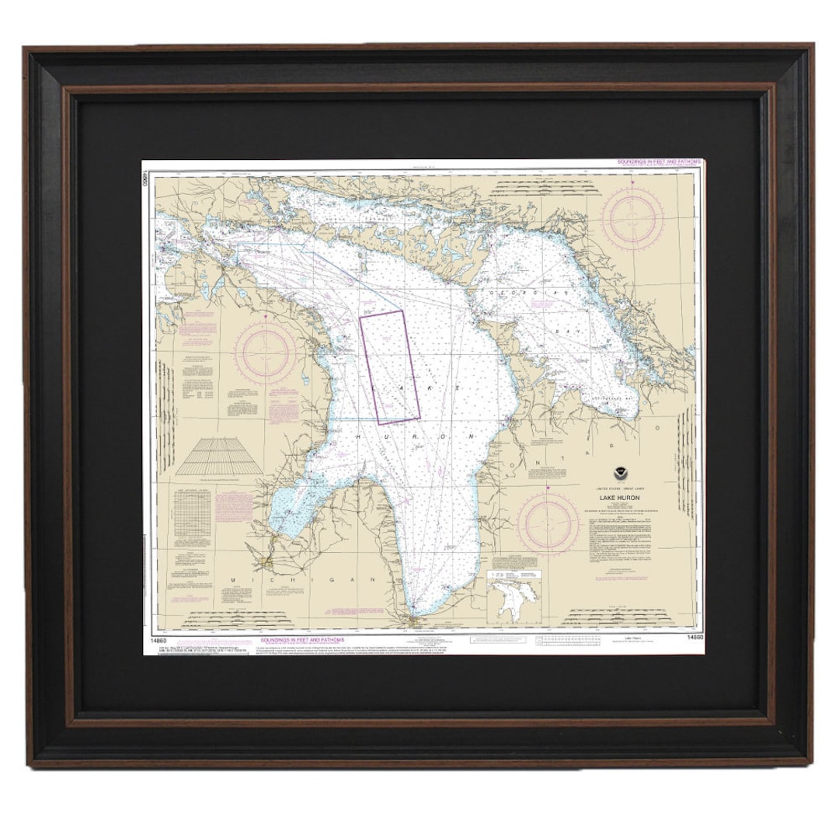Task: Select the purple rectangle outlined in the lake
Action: [x=389, y=367]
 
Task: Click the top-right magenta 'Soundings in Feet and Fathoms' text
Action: [x=659, y=162]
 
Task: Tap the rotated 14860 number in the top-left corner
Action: [x=145, y=179]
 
